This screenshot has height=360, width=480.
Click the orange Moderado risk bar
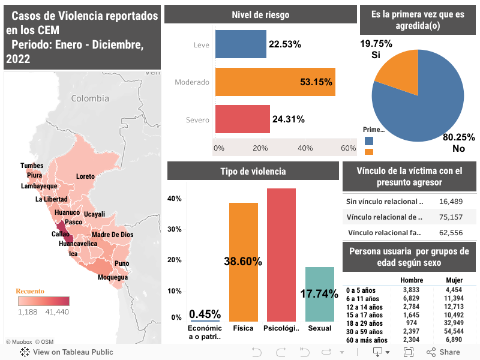pyautogui.click(x=274, y=82)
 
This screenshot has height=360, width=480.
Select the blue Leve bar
pyautogui.click(x=240, y=44)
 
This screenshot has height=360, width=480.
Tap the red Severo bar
pyautogui.click(x=242, y=119)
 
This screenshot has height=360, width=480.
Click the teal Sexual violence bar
pyautogui.click(x=320, y=294)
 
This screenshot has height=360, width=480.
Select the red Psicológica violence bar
pyautogui.click(x=281, y=255)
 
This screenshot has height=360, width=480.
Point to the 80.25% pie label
pyautogui.click(x=459, y=137)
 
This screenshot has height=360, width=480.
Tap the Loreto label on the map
pyautogui.click(x=86, y=176)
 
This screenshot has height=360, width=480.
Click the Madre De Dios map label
pyautogui.click(x=112, y=235)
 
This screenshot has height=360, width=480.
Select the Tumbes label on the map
pyautogui.click(x=32, y=166)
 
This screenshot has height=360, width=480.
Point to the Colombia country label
pyautogui.click(x=90, y=98)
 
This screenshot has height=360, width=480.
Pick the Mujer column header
pyautogui.click(x=454, y=280)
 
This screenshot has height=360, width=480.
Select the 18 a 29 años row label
pyautogui.click(x=363, y=323)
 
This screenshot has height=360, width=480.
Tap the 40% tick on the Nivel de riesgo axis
pyautogui.click(x=305, y=148)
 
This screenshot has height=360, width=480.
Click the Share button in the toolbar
pyautogui.click(x=444, y=352)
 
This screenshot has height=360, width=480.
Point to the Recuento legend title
pyautogui.click(x=29, y=291)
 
